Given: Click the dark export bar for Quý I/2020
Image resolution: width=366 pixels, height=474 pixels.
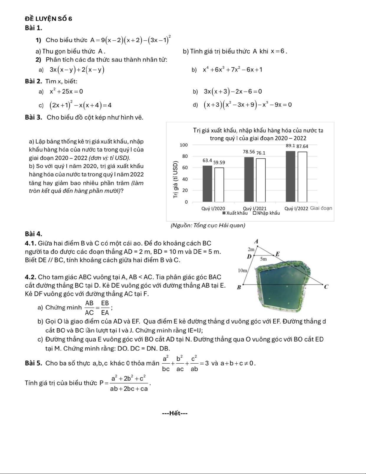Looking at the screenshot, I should (x=207, y=184).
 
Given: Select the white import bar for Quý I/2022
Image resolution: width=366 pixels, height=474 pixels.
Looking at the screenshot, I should (x=302, y=177).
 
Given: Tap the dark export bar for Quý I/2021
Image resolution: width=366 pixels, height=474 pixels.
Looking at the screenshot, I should (x=249, y=179).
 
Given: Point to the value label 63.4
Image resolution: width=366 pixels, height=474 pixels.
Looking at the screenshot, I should (x=207, y=161).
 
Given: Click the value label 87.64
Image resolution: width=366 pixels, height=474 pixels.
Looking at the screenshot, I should (x=302, y=147).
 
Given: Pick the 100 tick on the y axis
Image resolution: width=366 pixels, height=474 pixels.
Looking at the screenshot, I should (x=184, y=145).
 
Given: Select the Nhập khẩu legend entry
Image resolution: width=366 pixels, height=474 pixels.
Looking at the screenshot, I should (x=267, y=213).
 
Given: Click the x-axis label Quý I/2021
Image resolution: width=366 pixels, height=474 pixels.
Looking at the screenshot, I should (x=255, y=208).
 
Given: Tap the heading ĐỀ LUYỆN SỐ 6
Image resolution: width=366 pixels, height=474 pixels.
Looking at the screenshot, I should (x=49, y=19).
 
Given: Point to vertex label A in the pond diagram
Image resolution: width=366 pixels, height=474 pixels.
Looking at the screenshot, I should (x=256, y=242).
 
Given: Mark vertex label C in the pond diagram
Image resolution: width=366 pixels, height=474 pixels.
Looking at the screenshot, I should (x=326, y=287).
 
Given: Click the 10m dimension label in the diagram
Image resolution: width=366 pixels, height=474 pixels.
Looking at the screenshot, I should (x=242, y=271).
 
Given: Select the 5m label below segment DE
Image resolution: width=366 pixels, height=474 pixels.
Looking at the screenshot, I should (x=263, y=259).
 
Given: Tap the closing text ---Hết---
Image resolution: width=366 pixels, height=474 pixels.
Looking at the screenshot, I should (x=175, y=414).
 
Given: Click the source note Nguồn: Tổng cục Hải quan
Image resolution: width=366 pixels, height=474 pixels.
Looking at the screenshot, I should (x=208, y=225).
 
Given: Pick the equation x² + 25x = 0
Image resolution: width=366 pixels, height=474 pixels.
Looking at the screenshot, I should (x=66, y=92).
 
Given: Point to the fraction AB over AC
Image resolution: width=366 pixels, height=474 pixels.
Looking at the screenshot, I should (x=89, y=308).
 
